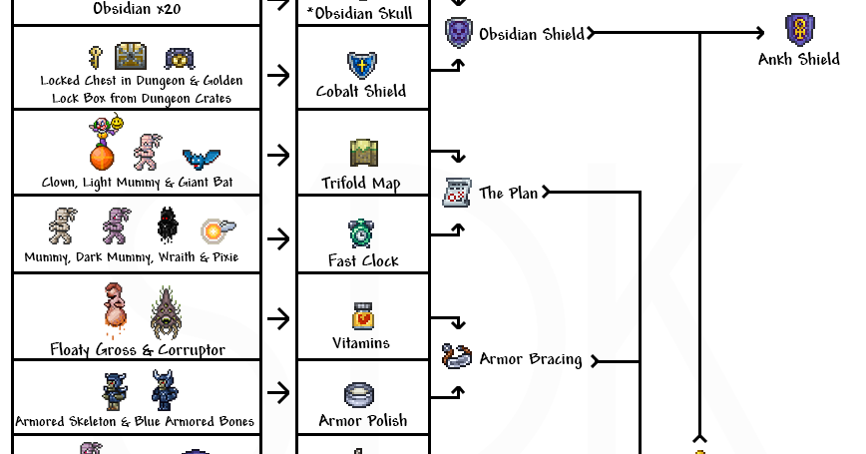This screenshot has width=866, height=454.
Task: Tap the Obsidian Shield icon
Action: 458,33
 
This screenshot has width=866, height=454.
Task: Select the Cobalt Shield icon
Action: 361,66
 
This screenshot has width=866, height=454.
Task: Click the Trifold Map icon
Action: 362,154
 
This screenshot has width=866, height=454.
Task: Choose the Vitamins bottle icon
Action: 361,315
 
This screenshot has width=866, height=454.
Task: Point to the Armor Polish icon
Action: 360,395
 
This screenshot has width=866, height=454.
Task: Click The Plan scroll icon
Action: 457,192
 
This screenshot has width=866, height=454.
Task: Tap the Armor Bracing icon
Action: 457,357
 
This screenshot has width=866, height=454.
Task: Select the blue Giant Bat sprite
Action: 202,158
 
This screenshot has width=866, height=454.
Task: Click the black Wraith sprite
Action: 167,226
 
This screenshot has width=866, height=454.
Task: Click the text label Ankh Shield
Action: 798,60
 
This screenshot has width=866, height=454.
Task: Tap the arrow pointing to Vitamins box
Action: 278,318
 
